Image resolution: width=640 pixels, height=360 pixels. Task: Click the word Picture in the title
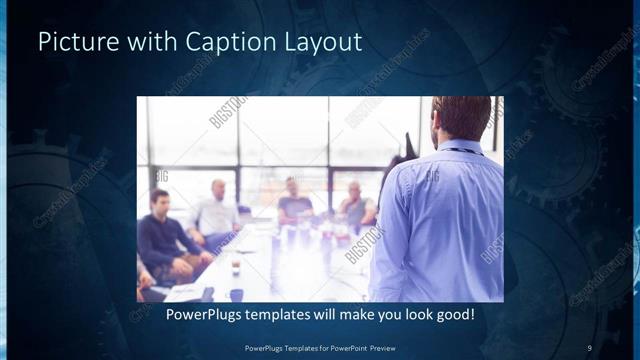point(74,43)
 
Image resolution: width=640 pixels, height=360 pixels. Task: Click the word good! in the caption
point(453,315)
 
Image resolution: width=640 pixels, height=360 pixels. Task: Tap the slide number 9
point(590,347)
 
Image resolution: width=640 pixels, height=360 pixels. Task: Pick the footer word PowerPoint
point(336,347)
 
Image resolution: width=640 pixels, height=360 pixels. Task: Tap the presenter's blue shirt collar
point(462,148)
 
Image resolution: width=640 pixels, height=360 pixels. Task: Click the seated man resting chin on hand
point(354,205)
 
